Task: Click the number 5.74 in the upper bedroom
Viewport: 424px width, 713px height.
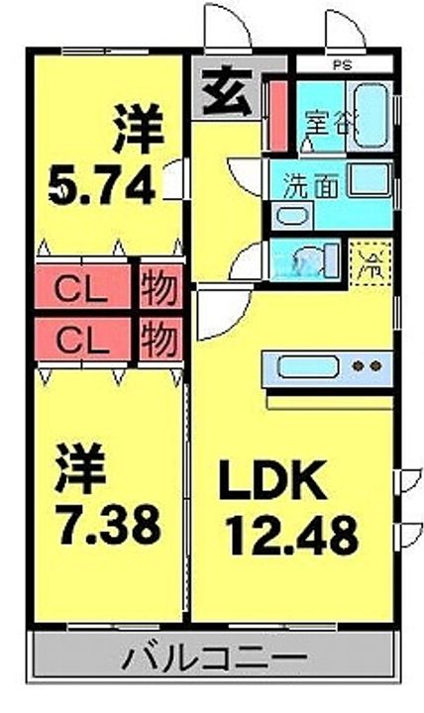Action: [x=102, y=185]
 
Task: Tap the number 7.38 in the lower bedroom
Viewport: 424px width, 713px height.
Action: [x=107, y=525]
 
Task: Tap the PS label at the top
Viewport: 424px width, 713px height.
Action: [x=340, y=67]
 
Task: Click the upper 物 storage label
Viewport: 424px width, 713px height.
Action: [x=159, y=290]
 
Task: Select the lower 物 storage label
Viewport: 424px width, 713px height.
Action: [x=159, y=341]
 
